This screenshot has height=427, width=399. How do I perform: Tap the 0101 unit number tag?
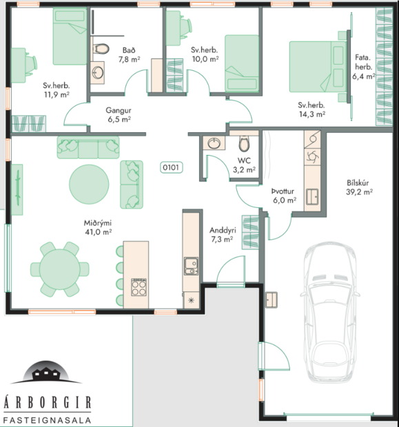pos(170,167)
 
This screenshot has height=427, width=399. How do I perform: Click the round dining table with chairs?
pos(59,270)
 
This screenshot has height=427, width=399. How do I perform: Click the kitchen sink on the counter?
pos(190,263)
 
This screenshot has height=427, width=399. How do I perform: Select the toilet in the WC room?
pos(243,144)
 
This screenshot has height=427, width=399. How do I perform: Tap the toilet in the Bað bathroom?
pos(102,50)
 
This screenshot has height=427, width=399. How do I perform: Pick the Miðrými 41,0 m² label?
pos(98,227)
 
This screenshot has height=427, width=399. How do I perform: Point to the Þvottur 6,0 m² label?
pos(283,196)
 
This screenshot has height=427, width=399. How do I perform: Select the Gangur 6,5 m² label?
pos(119,114)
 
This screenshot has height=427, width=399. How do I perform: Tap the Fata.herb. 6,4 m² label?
pos(363,67)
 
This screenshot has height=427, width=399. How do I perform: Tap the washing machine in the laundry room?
pos(311,156)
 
